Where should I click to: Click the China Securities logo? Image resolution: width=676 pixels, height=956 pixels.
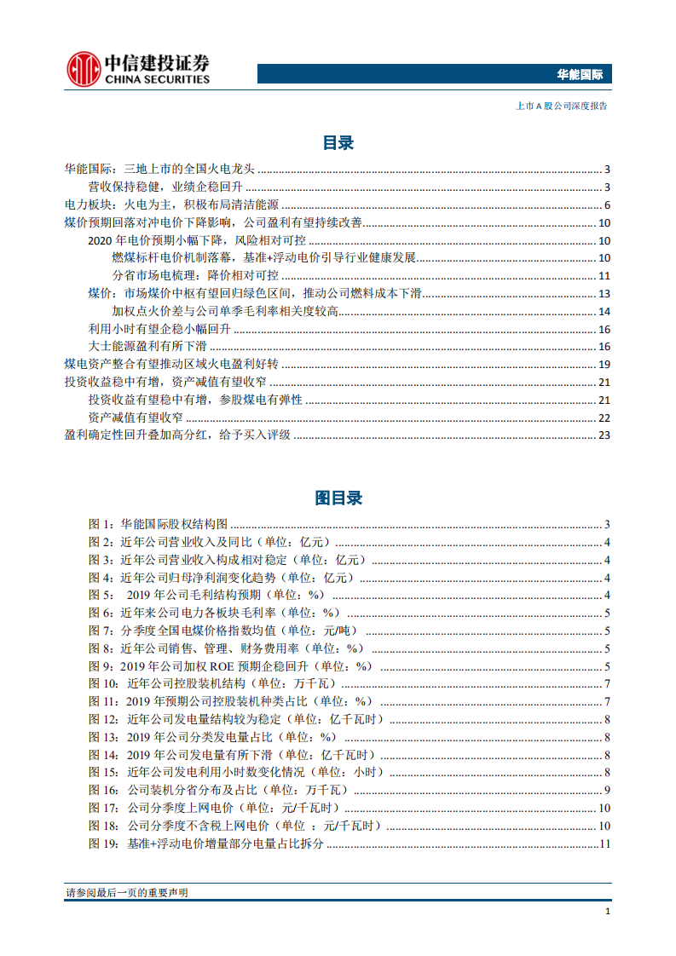pyautogui.click(x=137, y=68)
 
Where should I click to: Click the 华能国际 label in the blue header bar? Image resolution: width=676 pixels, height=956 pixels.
pyautogui.click(x=580, y=75)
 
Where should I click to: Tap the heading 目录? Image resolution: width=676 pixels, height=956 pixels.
pyautogui.click(x=338, y=142)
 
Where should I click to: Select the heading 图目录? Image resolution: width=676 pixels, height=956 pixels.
pyautogui.click(x=338, y=498)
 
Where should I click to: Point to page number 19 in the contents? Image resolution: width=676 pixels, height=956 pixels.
pyautogui.click(x=604, y=365)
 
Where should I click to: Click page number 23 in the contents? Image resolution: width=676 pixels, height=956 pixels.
pyautogui.click(x=604, y=435)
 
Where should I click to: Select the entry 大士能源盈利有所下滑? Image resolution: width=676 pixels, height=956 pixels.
pyautogui.click(x=147, y=347)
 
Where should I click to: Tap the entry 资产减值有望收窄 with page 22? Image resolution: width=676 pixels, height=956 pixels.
pyautogui.click(x=136, y=418)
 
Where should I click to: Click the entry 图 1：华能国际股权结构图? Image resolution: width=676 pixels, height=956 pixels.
pyautogui.click(x=159, y=524)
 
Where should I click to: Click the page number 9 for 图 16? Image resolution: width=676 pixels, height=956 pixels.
pyautogui.click(x=606, y=791)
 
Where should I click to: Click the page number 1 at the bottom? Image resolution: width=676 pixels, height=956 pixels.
pyautogui.click(x=607, y=911)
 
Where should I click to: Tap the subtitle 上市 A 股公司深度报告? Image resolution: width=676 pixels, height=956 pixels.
pyautogui.click(x=562, y=107)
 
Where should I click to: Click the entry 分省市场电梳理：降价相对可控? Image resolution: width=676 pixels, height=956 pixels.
pyautogui.click(x=195, y=276)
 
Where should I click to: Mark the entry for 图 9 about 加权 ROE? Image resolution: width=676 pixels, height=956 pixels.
pyautogui.click(x=230, y=666)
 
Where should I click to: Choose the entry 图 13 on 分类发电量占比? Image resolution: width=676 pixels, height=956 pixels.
pyautogui.click(x=213, y=737)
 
